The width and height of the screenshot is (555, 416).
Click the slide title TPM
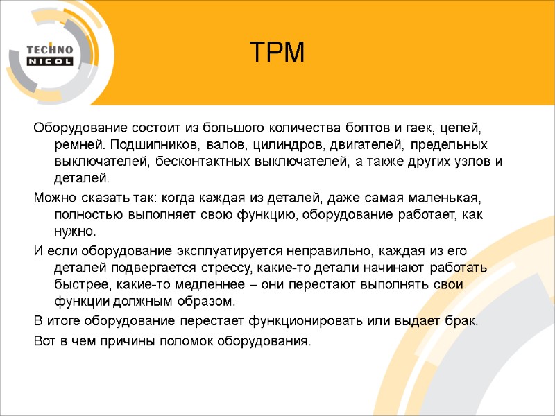click(277, 53)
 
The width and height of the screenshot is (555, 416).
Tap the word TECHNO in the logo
click(49, 49)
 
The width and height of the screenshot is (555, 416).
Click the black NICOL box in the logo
click(49, 61)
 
